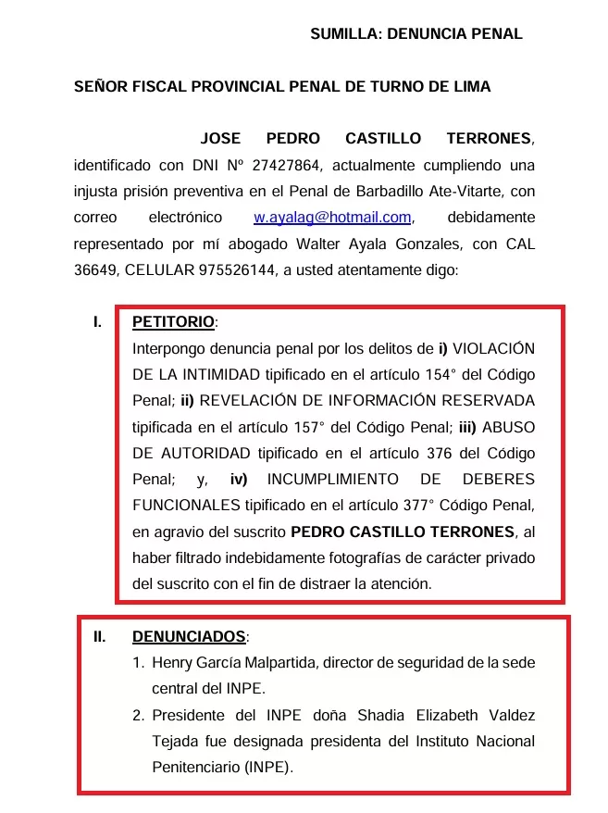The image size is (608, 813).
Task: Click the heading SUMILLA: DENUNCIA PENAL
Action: coord(416,34)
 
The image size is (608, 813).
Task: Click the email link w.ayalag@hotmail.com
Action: coord(332,218)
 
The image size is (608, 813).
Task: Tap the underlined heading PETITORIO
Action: coord(173,323)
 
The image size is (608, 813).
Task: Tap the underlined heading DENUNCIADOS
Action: coord(190,637)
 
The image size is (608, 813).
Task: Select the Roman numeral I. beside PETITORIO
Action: coord(96,323)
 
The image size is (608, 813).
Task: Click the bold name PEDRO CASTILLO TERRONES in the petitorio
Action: coord(403,532)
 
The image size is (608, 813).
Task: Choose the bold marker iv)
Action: coord(240,480)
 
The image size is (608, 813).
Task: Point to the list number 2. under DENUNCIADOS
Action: coord(138,716)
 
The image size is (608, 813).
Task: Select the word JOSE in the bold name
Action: coord(220,139)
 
